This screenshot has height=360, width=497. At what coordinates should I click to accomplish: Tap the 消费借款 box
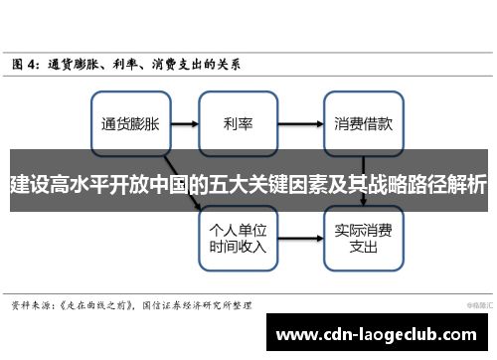pos(363,124)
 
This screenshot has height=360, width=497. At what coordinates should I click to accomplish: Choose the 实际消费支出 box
pos(363,224)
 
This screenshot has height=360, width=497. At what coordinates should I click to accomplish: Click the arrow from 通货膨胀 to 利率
pos(184,124)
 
